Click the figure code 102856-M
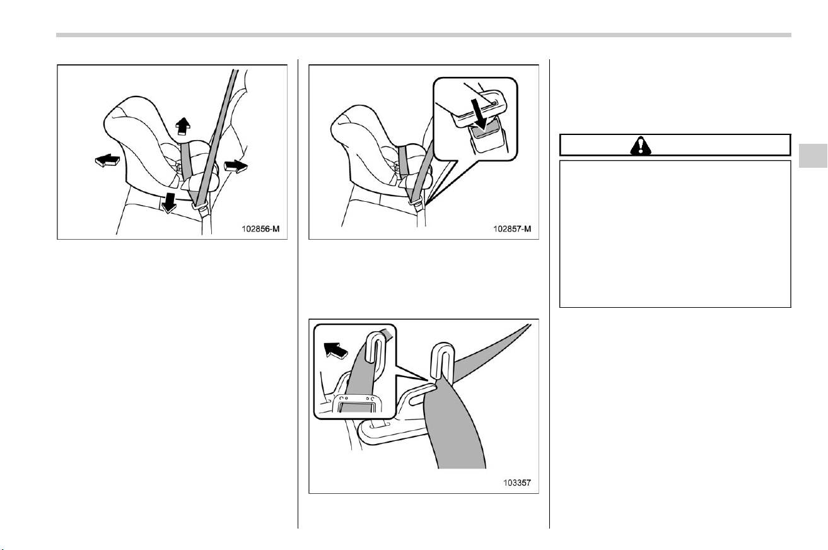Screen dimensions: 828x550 click(260, 229)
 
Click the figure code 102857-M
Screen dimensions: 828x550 click(512, 229)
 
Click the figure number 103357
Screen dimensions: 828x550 click(516, 483)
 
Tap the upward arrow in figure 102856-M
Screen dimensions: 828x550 click(183, 126)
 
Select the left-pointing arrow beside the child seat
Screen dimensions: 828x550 click(107, 161)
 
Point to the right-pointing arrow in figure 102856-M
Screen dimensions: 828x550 click(235, 166)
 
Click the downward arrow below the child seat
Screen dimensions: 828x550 click(169, 202)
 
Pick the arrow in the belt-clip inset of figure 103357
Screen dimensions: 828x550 click(335, 350)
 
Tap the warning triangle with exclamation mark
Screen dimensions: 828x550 click(641, 145)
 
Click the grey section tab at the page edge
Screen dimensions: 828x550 click(813, 156)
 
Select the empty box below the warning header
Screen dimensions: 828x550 click(675, 234)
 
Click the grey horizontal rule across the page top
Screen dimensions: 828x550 click(424, 35)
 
